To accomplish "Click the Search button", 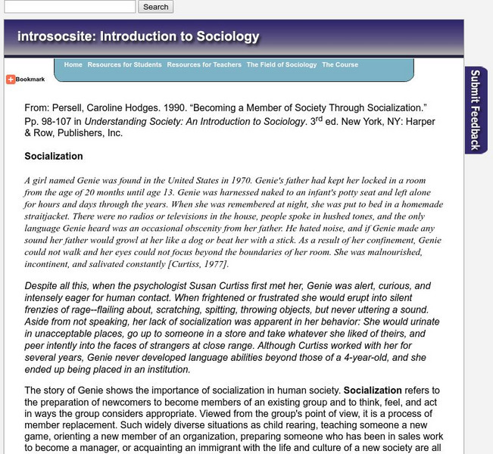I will [x=155, y=7].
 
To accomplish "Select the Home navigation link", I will [x=73, y=65].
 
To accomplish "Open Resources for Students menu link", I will [x=124, y=65].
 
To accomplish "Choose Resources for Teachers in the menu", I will [x=204, y=65].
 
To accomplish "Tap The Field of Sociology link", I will [x=282, y=65].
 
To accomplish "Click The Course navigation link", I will [x=340, y=65].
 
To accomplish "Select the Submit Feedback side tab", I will [x=476, y=110].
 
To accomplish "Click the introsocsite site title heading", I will [x=138, y=36].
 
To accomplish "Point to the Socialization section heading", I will [x=54, y=157].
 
